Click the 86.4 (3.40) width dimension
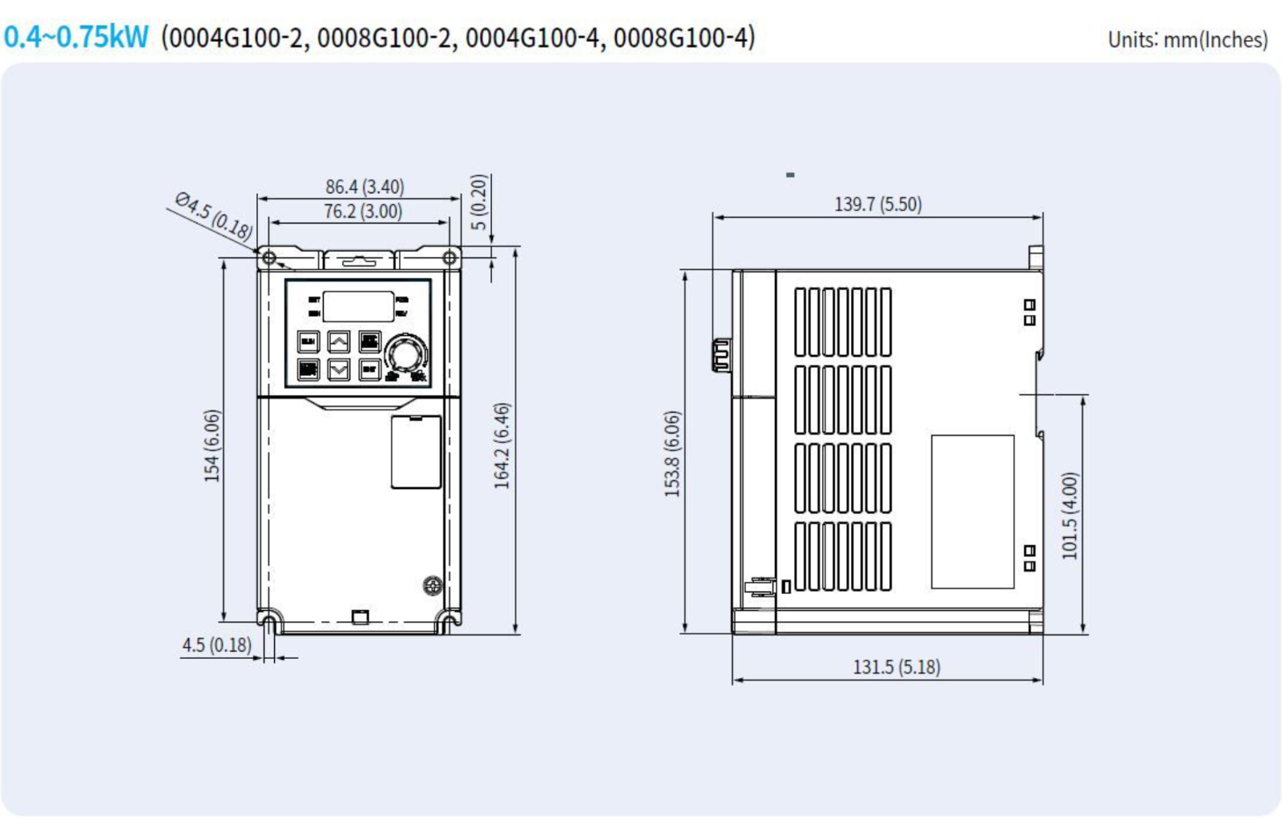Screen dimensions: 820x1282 365,187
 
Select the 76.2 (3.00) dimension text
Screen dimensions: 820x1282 363,212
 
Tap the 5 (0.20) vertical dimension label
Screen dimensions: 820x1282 478,202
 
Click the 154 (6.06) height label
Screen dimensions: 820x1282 212,446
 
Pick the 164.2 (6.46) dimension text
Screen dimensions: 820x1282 502,446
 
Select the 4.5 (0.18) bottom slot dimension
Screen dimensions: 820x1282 216,645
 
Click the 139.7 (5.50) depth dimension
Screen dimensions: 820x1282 878,204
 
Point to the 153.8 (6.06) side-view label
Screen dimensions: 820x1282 672,454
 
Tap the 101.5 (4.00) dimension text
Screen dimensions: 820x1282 1070,515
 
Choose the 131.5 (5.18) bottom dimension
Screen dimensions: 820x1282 896,667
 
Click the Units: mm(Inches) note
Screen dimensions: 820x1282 1187,39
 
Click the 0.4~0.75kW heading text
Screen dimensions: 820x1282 76,37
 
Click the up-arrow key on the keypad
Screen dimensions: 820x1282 339,342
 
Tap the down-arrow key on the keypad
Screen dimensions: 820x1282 339,370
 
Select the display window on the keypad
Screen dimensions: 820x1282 358,306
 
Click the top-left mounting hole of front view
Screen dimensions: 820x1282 269,258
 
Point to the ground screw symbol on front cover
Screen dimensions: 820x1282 433,586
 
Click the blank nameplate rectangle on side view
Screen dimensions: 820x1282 972,511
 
